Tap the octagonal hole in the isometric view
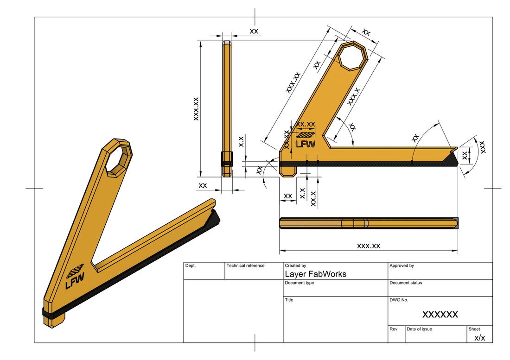[119, 160]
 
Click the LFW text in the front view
[306, 144]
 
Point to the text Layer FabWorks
[315, 274]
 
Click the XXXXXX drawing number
[440, 315]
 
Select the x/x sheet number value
[479, 337]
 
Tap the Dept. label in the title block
[191, 266]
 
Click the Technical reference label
[245, 266]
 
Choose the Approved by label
[402, 266]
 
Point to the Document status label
[406, 283]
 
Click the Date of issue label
[419, 329]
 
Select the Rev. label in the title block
[394, 329]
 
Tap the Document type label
[299, 283]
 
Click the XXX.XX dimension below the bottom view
[368, 246]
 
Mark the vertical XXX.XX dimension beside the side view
[196, 109]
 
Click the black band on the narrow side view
[226, 159]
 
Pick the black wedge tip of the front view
[450, 159]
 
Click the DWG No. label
[399, 300]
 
